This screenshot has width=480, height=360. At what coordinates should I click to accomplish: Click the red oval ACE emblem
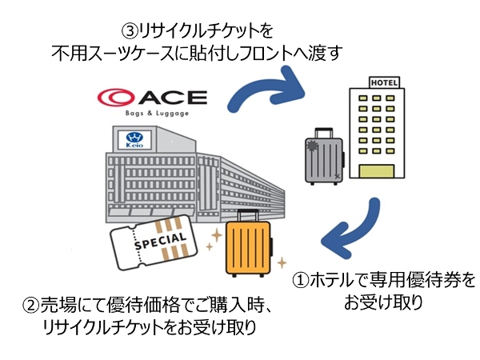click(x=120, y=98)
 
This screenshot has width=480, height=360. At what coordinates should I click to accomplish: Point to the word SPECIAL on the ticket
click(x=160, y=241)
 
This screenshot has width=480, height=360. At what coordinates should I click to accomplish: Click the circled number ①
click(x=301, y=282)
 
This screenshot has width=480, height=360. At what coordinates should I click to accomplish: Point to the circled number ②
click(x=30, y=306)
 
